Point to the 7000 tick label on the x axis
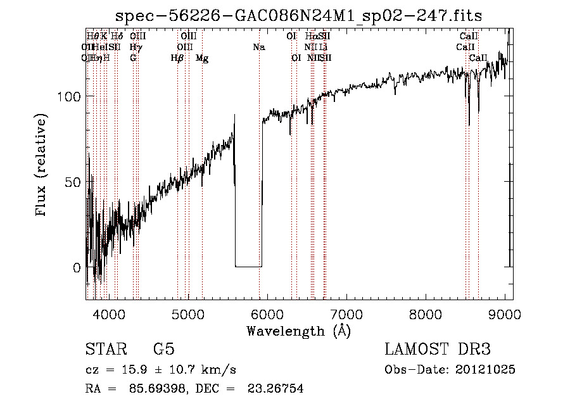[x=346, y=313]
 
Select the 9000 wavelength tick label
[x=505, y=313]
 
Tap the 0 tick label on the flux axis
[x=77, y=267]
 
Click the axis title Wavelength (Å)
[x=298, y=330]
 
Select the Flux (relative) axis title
[x=42, y=166]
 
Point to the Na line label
[x=258, y=47]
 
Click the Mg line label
[x=202, y=58]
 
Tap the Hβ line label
[x=177, y=58]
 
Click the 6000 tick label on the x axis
[x=267, y=313]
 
